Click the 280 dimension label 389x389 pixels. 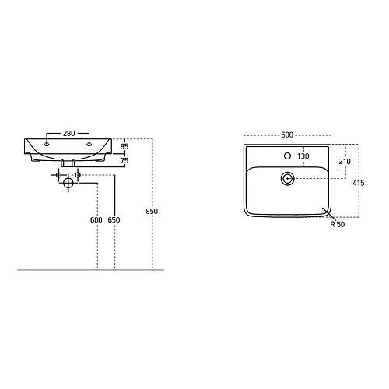[x=69, y=134]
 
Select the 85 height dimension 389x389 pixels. [x=124, y=146]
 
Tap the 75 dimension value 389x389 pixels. [x=124, y=161]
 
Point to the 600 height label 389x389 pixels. [x=96, y=220]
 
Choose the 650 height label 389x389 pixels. [x=114, y=220]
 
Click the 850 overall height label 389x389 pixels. [x=152, y=212]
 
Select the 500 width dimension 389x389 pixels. [x=287, y=135]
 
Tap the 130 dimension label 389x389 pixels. [x=303, y=156]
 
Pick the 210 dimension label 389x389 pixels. [x=345, y=162]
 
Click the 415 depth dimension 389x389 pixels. [x=359, y=183]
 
